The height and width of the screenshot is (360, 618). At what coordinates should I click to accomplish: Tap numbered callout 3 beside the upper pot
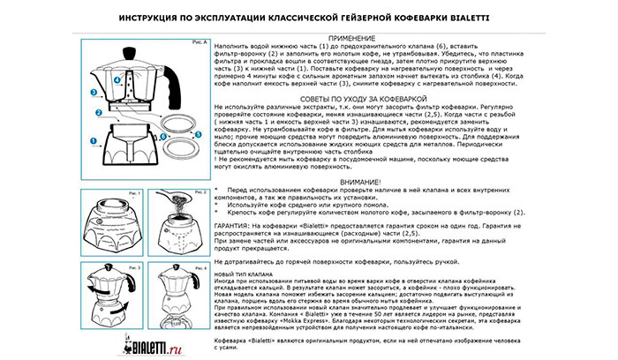point(93,91)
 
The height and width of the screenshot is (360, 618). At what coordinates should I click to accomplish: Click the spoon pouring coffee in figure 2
point(189,202)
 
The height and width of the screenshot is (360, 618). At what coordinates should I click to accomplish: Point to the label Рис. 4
point(200,266)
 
